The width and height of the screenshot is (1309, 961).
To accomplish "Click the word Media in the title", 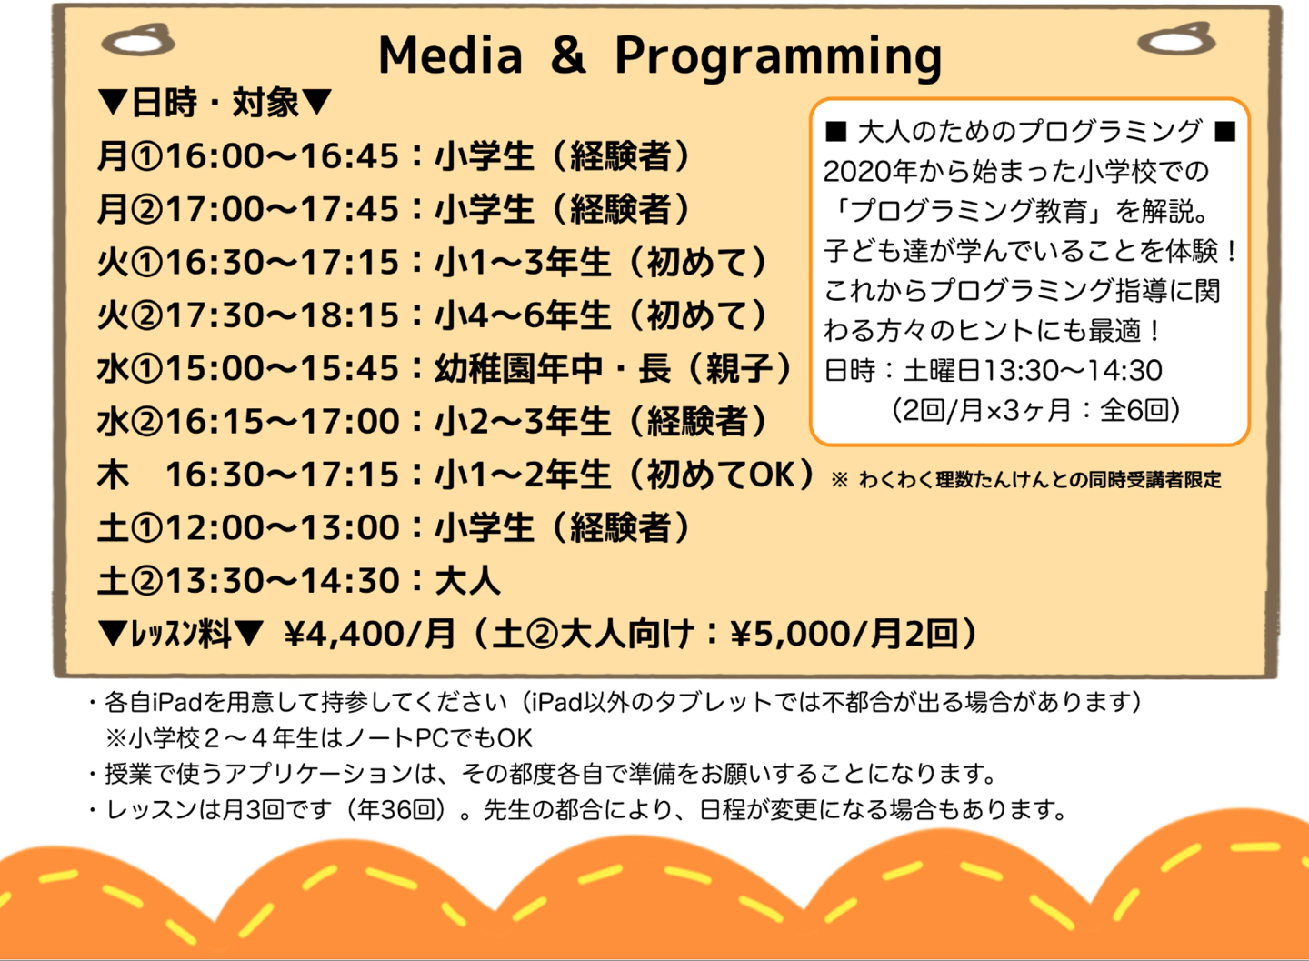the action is pos(451,55).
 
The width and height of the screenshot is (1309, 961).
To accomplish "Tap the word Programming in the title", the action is pos(778,57).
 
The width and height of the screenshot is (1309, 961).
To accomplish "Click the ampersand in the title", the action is pos(568,55).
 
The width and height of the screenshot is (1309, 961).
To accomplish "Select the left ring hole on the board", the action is pos(138,40).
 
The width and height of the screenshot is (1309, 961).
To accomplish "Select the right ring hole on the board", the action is pos(1176,39).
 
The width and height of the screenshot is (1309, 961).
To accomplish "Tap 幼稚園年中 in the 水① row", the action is pos(518,368).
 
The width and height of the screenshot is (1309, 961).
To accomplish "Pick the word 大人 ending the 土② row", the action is pos(467,580).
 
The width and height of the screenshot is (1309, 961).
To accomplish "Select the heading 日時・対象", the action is pos(215,103).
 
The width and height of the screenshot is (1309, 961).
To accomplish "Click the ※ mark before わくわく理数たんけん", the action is pos(839,480).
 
